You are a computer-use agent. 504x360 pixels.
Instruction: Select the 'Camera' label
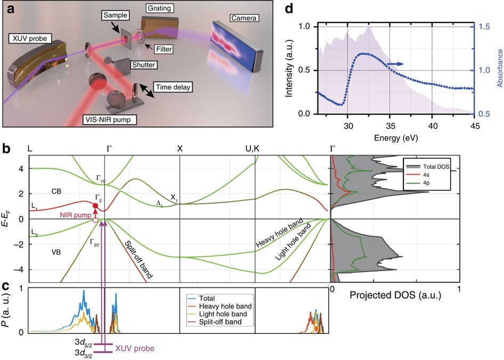pyautogui.click(x=243, y=18)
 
